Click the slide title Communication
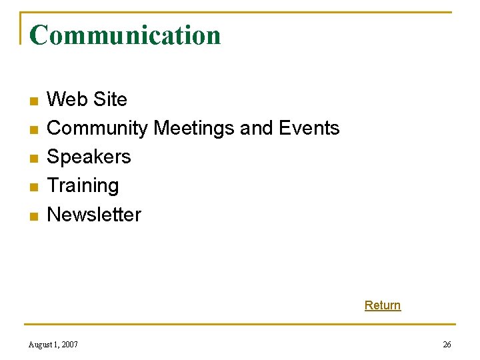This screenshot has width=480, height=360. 125,35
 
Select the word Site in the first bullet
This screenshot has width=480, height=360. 109,99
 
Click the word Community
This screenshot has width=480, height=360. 97,128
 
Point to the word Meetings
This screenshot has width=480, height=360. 194,128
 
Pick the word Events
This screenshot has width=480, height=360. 309,128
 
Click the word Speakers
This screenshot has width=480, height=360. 89,157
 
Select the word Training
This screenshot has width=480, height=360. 83,185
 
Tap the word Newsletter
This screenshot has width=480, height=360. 94,215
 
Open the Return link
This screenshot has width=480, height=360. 383,305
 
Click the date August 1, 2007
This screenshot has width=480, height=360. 53,345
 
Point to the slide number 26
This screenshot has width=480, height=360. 447,345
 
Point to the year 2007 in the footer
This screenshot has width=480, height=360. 69,345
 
